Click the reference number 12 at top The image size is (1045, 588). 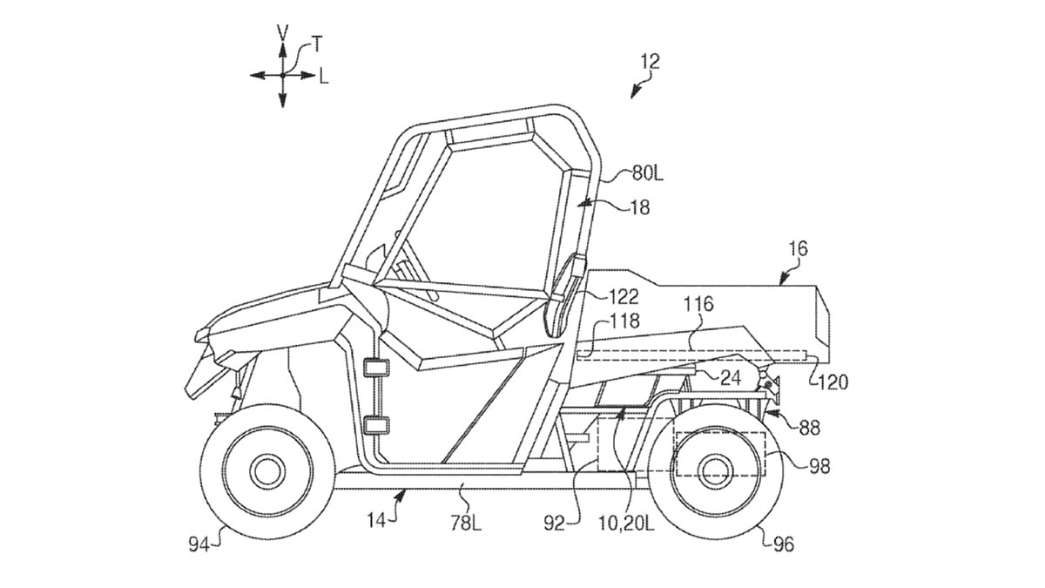click(650, 61)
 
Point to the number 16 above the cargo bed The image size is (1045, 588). click(798, 250)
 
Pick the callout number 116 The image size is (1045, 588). click(698, 304)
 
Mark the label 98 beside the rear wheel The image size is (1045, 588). click(819, 467)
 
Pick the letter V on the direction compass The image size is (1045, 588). click(282, 32)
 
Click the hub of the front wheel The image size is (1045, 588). click(266, 471)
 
